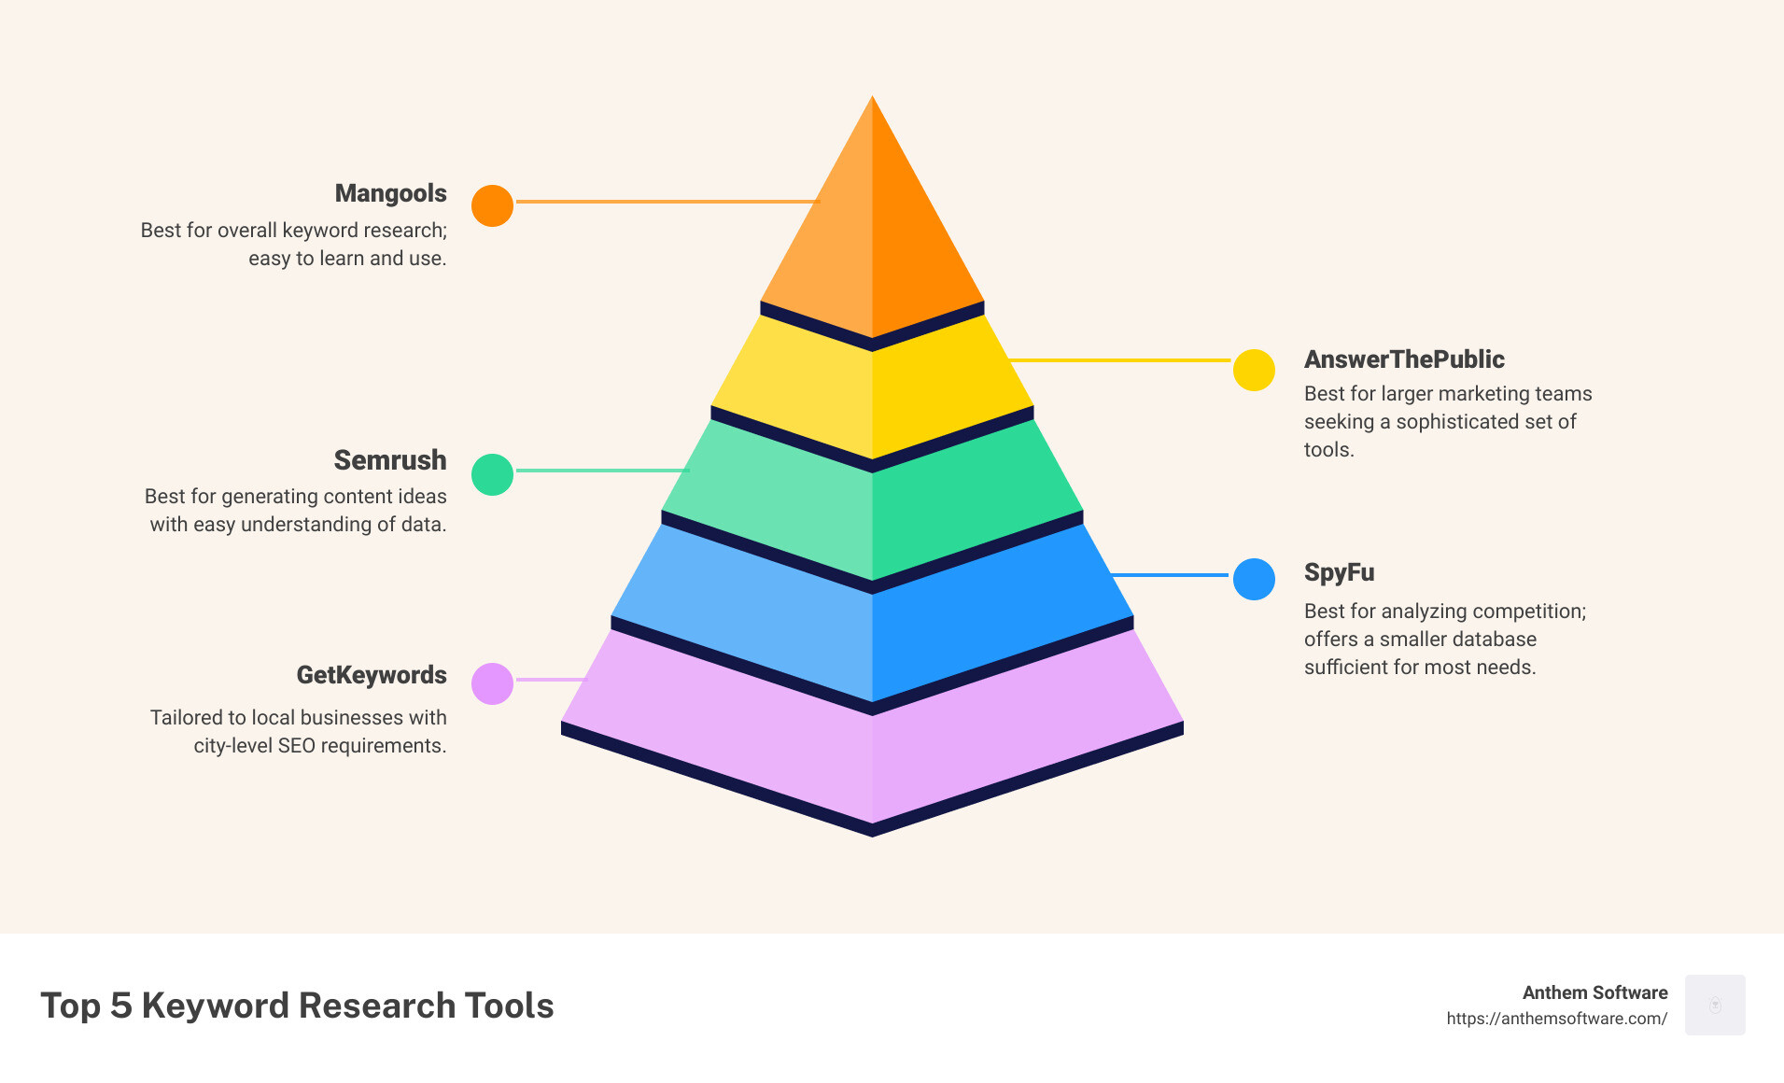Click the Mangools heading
390,193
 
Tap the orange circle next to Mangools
492,205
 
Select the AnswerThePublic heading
1404,359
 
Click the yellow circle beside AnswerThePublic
1254,371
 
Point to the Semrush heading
390,460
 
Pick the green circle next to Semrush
492,474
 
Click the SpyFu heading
1339,572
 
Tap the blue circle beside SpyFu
1254,579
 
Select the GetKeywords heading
372,675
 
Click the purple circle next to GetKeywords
492,683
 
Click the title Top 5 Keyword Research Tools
297,1006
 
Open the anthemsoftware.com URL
1556,1019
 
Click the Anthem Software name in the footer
1594,992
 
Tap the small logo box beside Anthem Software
1715,1005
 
